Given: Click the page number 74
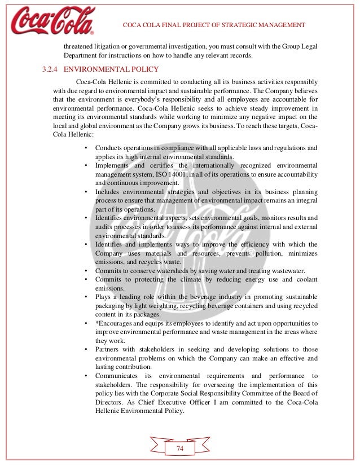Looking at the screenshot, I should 180,448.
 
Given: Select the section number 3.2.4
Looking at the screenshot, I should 50,70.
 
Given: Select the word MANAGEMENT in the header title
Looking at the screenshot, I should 278,25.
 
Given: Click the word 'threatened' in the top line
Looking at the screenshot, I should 81,47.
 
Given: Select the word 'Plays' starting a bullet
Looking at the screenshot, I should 104,297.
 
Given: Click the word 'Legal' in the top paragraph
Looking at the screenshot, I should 302,47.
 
